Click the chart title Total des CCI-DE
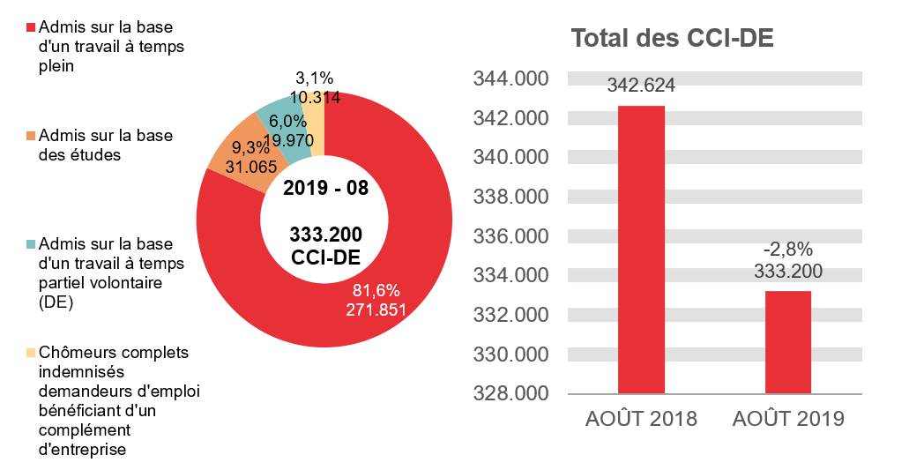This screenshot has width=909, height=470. tap(672, 39)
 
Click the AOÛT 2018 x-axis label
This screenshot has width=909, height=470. tap(641, 419)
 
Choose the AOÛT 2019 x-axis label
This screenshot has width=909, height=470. tap(787, 419)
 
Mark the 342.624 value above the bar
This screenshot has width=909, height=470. tap(641, 86)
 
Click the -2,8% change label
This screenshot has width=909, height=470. tap(788, 249)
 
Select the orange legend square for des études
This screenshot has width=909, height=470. tap(31, 136)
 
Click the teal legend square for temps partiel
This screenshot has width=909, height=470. tap(31, 244)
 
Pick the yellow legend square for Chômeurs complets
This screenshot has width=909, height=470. tap(31, 353)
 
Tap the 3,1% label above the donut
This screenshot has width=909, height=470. tap(315, 78)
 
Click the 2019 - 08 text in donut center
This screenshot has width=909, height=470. tap(325, 188)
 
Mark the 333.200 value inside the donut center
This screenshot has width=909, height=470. tap(325, 234)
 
